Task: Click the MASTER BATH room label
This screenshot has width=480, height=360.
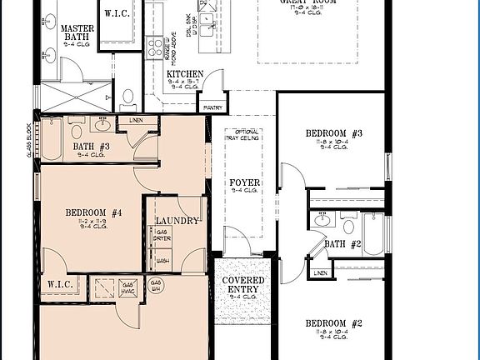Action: click(77, 33)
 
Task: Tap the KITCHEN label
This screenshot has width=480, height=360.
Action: click(185, 74)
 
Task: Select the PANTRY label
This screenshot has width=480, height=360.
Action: click(211, 106)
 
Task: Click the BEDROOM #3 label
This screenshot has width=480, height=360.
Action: click(332, 133)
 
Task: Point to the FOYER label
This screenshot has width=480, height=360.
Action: click(245, 182)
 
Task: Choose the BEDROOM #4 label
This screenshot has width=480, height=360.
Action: click(94, 212)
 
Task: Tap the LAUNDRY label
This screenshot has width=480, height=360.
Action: click(177, 221)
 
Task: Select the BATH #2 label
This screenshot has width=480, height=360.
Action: click(342, 243)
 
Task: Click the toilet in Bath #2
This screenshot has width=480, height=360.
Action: click(347, 226)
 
